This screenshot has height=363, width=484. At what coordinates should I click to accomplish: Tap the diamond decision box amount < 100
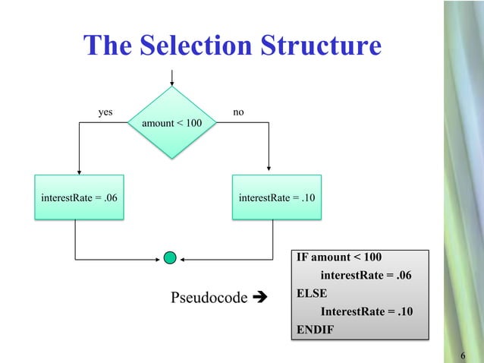click(x=173, y=122)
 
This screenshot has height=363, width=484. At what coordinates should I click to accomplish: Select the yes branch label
click(x=105, y=112)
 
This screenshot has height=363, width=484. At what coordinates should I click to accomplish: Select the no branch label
click(x=238, y=112)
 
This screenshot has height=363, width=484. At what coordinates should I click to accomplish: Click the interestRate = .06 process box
click(x=79, y=198)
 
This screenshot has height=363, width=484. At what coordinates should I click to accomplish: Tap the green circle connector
click(x=171, y=258)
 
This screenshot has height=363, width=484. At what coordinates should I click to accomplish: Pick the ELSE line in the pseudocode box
click(x=311, y=292)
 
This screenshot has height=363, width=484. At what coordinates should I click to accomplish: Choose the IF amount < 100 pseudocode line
click(x=338, y=257)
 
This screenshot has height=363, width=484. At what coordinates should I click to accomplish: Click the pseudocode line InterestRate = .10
click(x=366, y=311)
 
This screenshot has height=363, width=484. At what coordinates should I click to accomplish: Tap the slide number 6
click(x=464, y=356)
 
